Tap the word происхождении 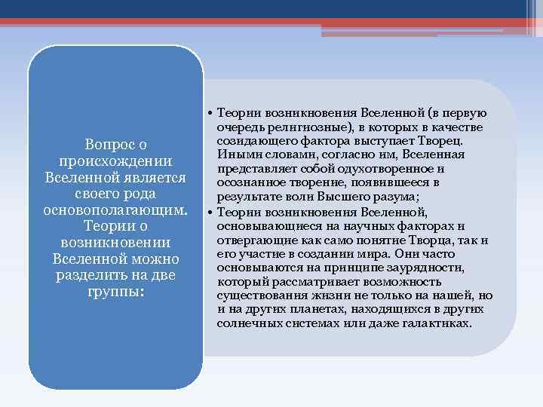[x=115, y=161]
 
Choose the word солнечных [x=246, y=323]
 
